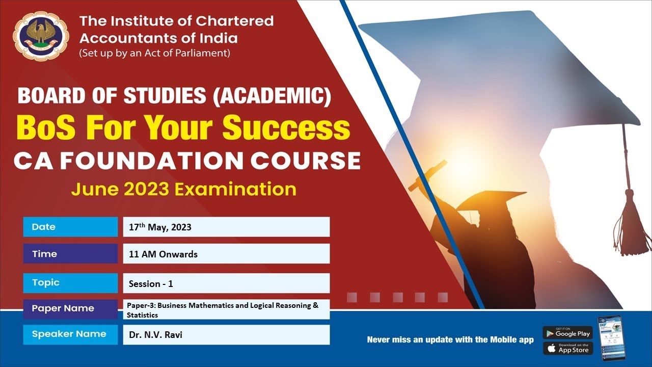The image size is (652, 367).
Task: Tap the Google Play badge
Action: (x=567, y=333)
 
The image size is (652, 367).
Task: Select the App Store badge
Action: (x=567, y=349)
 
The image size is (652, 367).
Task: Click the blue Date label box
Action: (x=70, y=227)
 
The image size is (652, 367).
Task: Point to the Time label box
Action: (x=70, y=254)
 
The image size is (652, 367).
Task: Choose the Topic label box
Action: (x=70, y=282)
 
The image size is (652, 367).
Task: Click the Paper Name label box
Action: (x=70, y=308)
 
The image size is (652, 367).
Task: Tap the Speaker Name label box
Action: (x=70, y=334)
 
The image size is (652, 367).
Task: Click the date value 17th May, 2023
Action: (x=160, y=227)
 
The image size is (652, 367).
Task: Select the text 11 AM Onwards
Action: (x=163, y=254)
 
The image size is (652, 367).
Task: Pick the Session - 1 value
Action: (x=151, y=284)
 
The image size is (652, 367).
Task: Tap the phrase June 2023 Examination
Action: (x=184, y=189)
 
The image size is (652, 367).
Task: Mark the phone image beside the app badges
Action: (x=611, y=338)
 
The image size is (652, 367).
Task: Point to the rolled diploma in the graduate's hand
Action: (x=427, y=175)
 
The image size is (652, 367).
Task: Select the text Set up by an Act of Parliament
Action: (x=155, y=53)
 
